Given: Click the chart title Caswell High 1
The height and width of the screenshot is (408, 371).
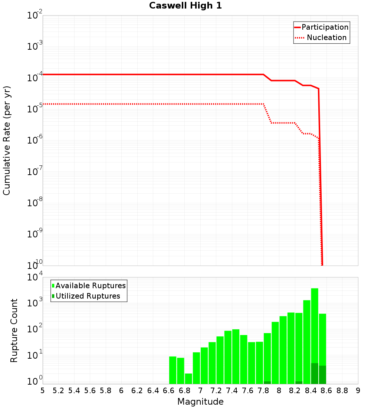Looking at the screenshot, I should pos(185,6).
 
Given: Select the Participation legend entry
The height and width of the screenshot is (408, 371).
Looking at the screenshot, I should pos(325,27).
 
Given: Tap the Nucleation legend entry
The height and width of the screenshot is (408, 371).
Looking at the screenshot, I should pos(326,37).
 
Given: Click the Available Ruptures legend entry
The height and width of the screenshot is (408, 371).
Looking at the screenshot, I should pos(91,286).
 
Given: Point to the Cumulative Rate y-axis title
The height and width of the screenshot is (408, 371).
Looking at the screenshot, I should pos(7,141).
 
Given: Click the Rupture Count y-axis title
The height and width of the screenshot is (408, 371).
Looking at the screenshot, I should pos(14,330).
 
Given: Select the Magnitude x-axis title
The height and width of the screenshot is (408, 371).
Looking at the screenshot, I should pos(200,402).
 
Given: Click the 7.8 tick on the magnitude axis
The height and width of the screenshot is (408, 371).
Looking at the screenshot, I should pos(263,391).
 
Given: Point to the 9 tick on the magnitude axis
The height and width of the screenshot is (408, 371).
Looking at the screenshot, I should pos(358,391).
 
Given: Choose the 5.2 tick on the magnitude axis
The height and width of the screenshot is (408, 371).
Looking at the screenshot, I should pos(58,391).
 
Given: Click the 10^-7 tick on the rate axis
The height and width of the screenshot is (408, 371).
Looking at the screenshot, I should pos(35,172).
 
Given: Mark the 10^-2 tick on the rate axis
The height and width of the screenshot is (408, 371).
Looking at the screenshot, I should pos(35,16).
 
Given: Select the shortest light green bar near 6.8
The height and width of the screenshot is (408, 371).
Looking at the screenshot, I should pos(188,378).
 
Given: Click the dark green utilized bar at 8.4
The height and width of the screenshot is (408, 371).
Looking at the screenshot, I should pos(315,374).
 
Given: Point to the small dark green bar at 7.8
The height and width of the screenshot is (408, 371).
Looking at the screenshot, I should pos(267,382).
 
